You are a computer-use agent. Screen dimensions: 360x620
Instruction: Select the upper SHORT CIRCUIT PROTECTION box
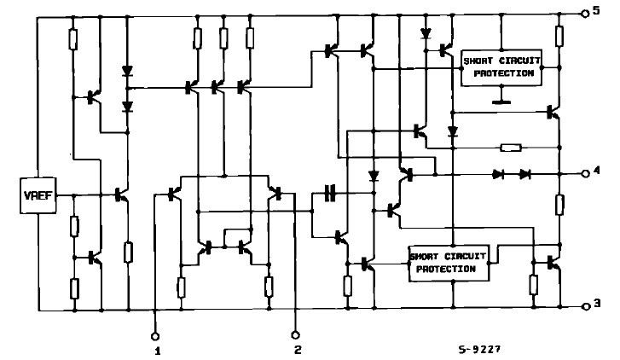coord(500,67)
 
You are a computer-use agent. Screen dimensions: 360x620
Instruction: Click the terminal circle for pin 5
coord(585,13)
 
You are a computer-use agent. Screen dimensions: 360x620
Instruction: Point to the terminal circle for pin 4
coord(585,173)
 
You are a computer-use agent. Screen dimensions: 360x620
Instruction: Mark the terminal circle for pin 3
coord(585,305)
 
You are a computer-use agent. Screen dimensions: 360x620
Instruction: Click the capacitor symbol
coord(330,195)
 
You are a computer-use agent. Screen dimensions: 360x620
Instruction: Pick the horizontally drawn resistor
coord(510,148)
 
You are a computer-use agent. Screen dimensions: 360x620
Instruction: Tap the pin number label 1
coord(156,349)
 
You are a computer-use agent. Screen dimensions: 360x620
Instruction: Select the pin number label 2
coord(298,349)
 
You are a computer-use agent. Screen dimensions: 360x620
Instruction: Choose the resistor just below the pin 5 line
coord(559,36)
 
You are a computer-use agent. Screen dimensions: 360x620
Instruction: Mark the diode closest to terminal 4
coord(525,174)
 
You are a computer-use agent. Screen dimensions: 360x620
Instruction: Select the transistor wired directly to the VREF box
coord(120,195)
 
